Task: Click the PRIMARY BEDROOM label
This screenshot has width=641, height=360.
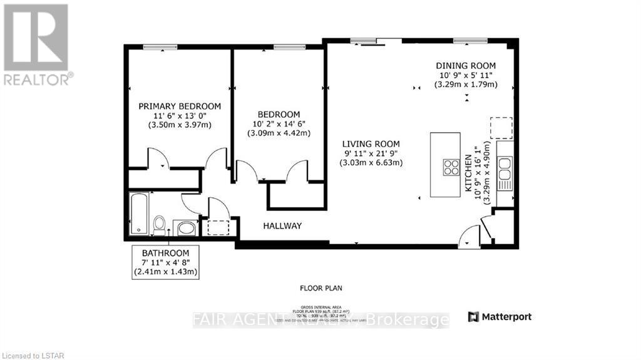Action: tap(180, 106)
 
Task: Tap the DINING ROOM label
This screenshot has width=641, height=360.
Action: tap(466, 66)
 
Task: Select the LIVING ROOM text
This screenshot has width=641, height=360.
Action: tap(371, 143)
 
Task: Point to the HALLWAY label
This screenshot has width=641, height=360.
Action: tap(282, 226)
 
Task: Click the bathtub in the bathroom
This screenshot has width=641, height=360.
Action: tap(138, 213)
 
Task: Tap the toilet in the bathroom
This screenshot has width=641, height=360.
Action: tap(160, 224)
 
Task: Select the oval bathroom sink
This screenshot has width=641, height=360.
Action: tap(186, 227)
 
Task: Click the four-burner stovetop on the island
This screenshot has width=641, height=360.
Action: tap(450, 167)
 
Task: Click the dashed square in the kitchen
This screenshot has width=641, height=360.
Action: tap(501, 128)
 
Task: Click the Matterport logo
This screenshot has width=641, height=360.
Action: tap(500, 317)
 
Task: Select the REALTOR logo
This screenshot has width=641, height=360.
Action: tap(36, 44)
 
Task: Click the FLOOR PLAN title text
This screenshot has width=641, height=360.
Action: tap(320, 289)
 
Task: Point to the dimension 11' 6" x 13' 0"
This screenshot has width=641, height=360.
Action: tap(180, 116)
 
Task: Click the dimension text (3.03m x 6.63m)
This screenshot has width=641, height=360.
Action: tap(371, 163)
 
